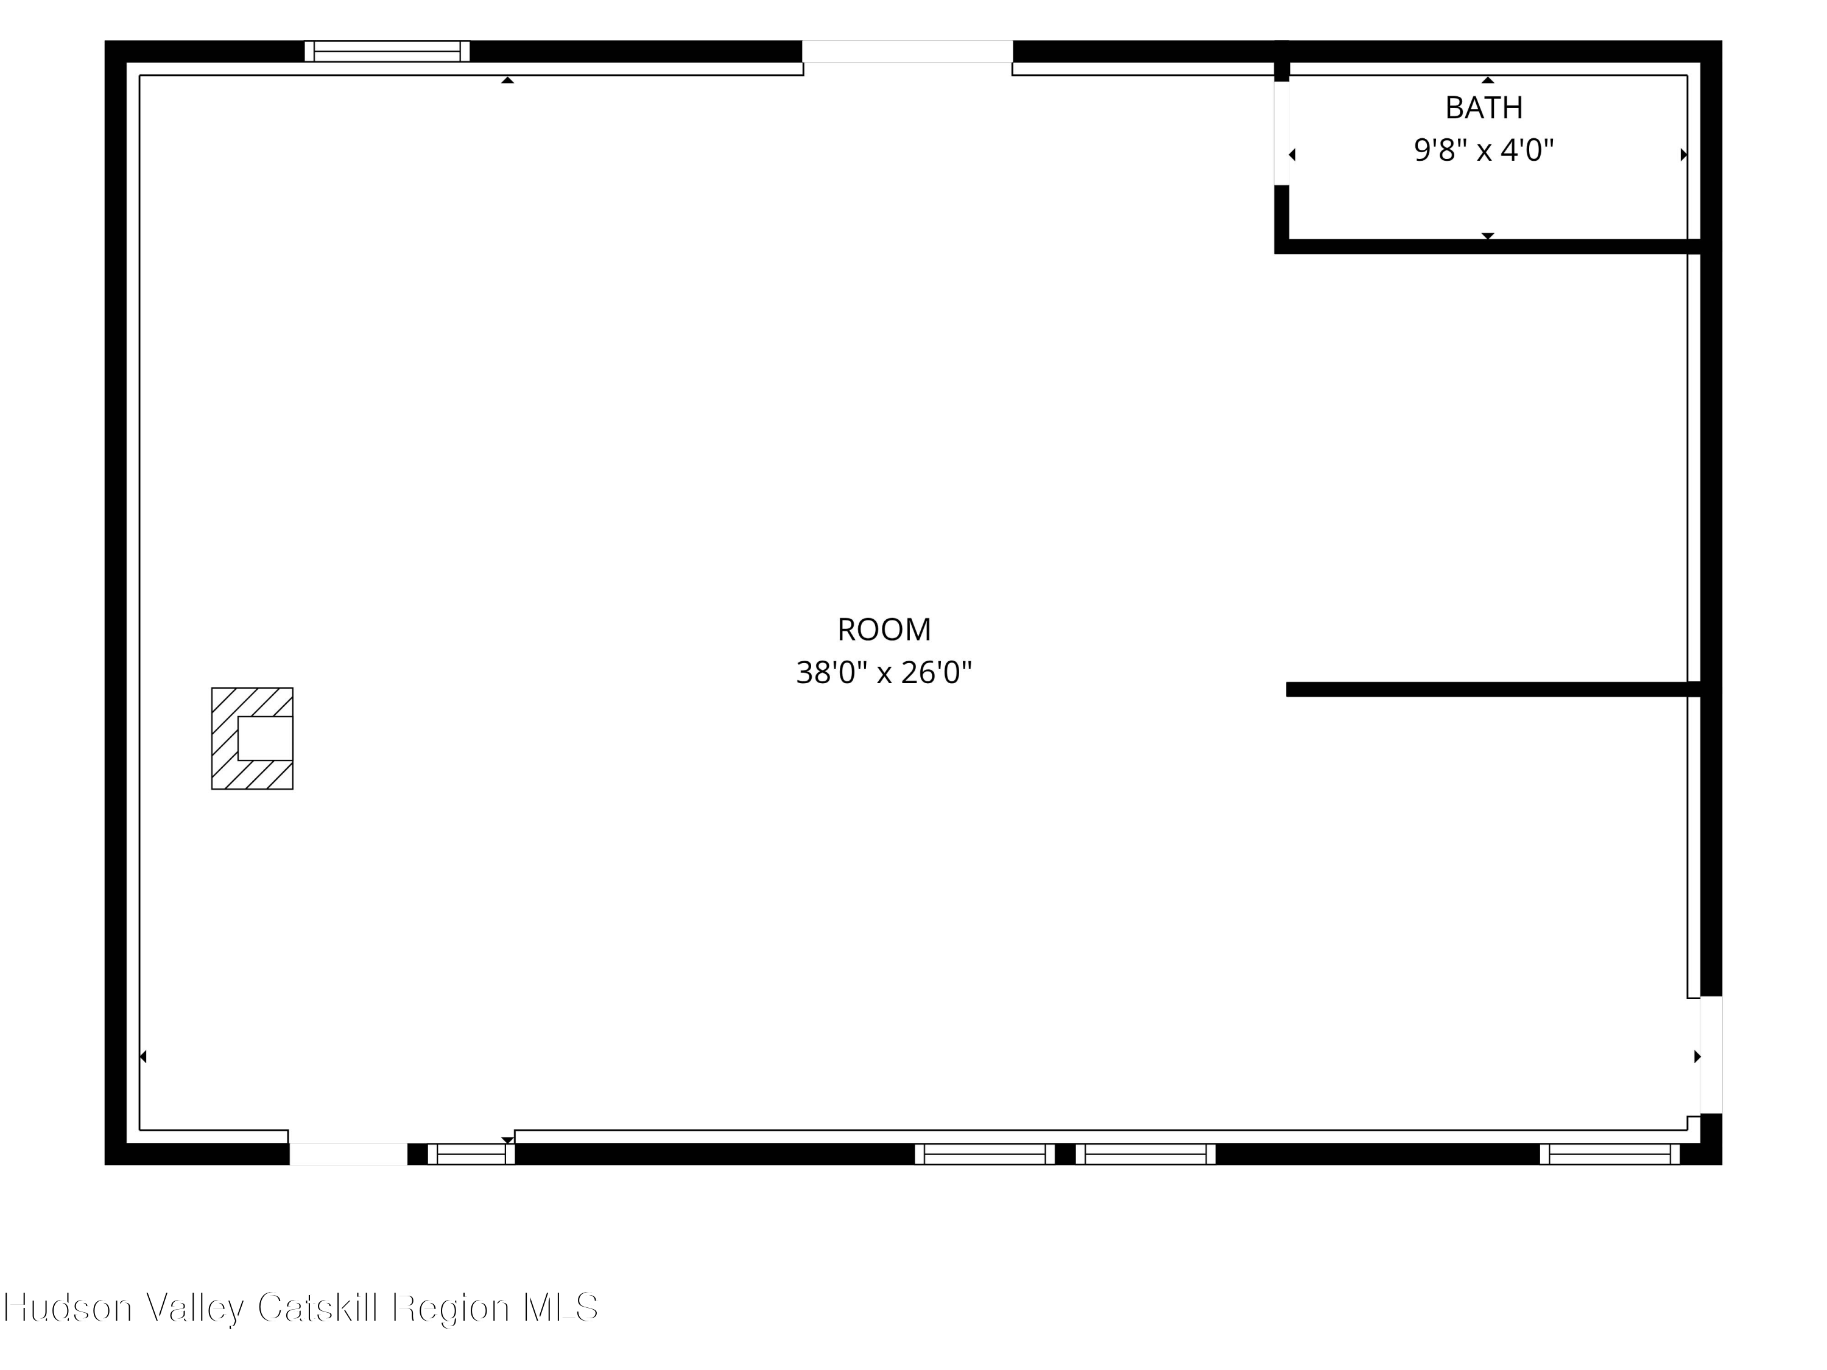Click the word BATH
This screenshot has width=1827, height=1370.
point(1484,107)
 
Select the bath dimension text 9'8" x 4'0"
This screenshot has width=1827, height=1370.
point(1484,150)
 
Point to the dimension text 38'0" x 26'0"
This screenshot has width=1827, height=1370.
point(884,673)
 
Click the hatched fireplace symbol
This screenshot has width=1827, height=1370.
point(252,738)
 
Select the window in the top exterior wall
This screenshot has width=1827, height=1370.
point(387,51)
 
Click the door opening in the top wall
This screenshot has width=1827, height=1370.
point(908,51)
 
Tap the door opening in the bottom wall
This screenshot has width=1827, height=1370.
point(348,1154)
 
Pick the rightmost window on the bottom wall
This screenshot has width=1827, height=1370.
point(1610,1154)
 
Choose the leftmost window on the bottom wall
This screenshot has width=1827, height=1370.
point(471,1154)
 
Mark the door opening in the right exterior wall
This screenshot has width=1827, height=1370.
point(1711,1055)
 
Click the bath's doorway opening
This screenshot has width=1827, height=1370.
point(1282,133)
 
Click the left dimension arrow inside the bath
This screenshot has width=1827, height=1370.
point(1293,155)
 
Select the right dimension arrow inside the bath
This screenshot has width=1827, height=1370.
point(1683,155)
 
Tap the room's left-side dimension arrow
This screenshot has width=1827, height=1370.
point(143,1056)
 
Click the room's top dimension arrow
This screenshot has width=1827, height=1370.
point(508,80)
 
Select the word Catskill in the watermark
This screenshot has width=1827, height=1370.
point(320,1307)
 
